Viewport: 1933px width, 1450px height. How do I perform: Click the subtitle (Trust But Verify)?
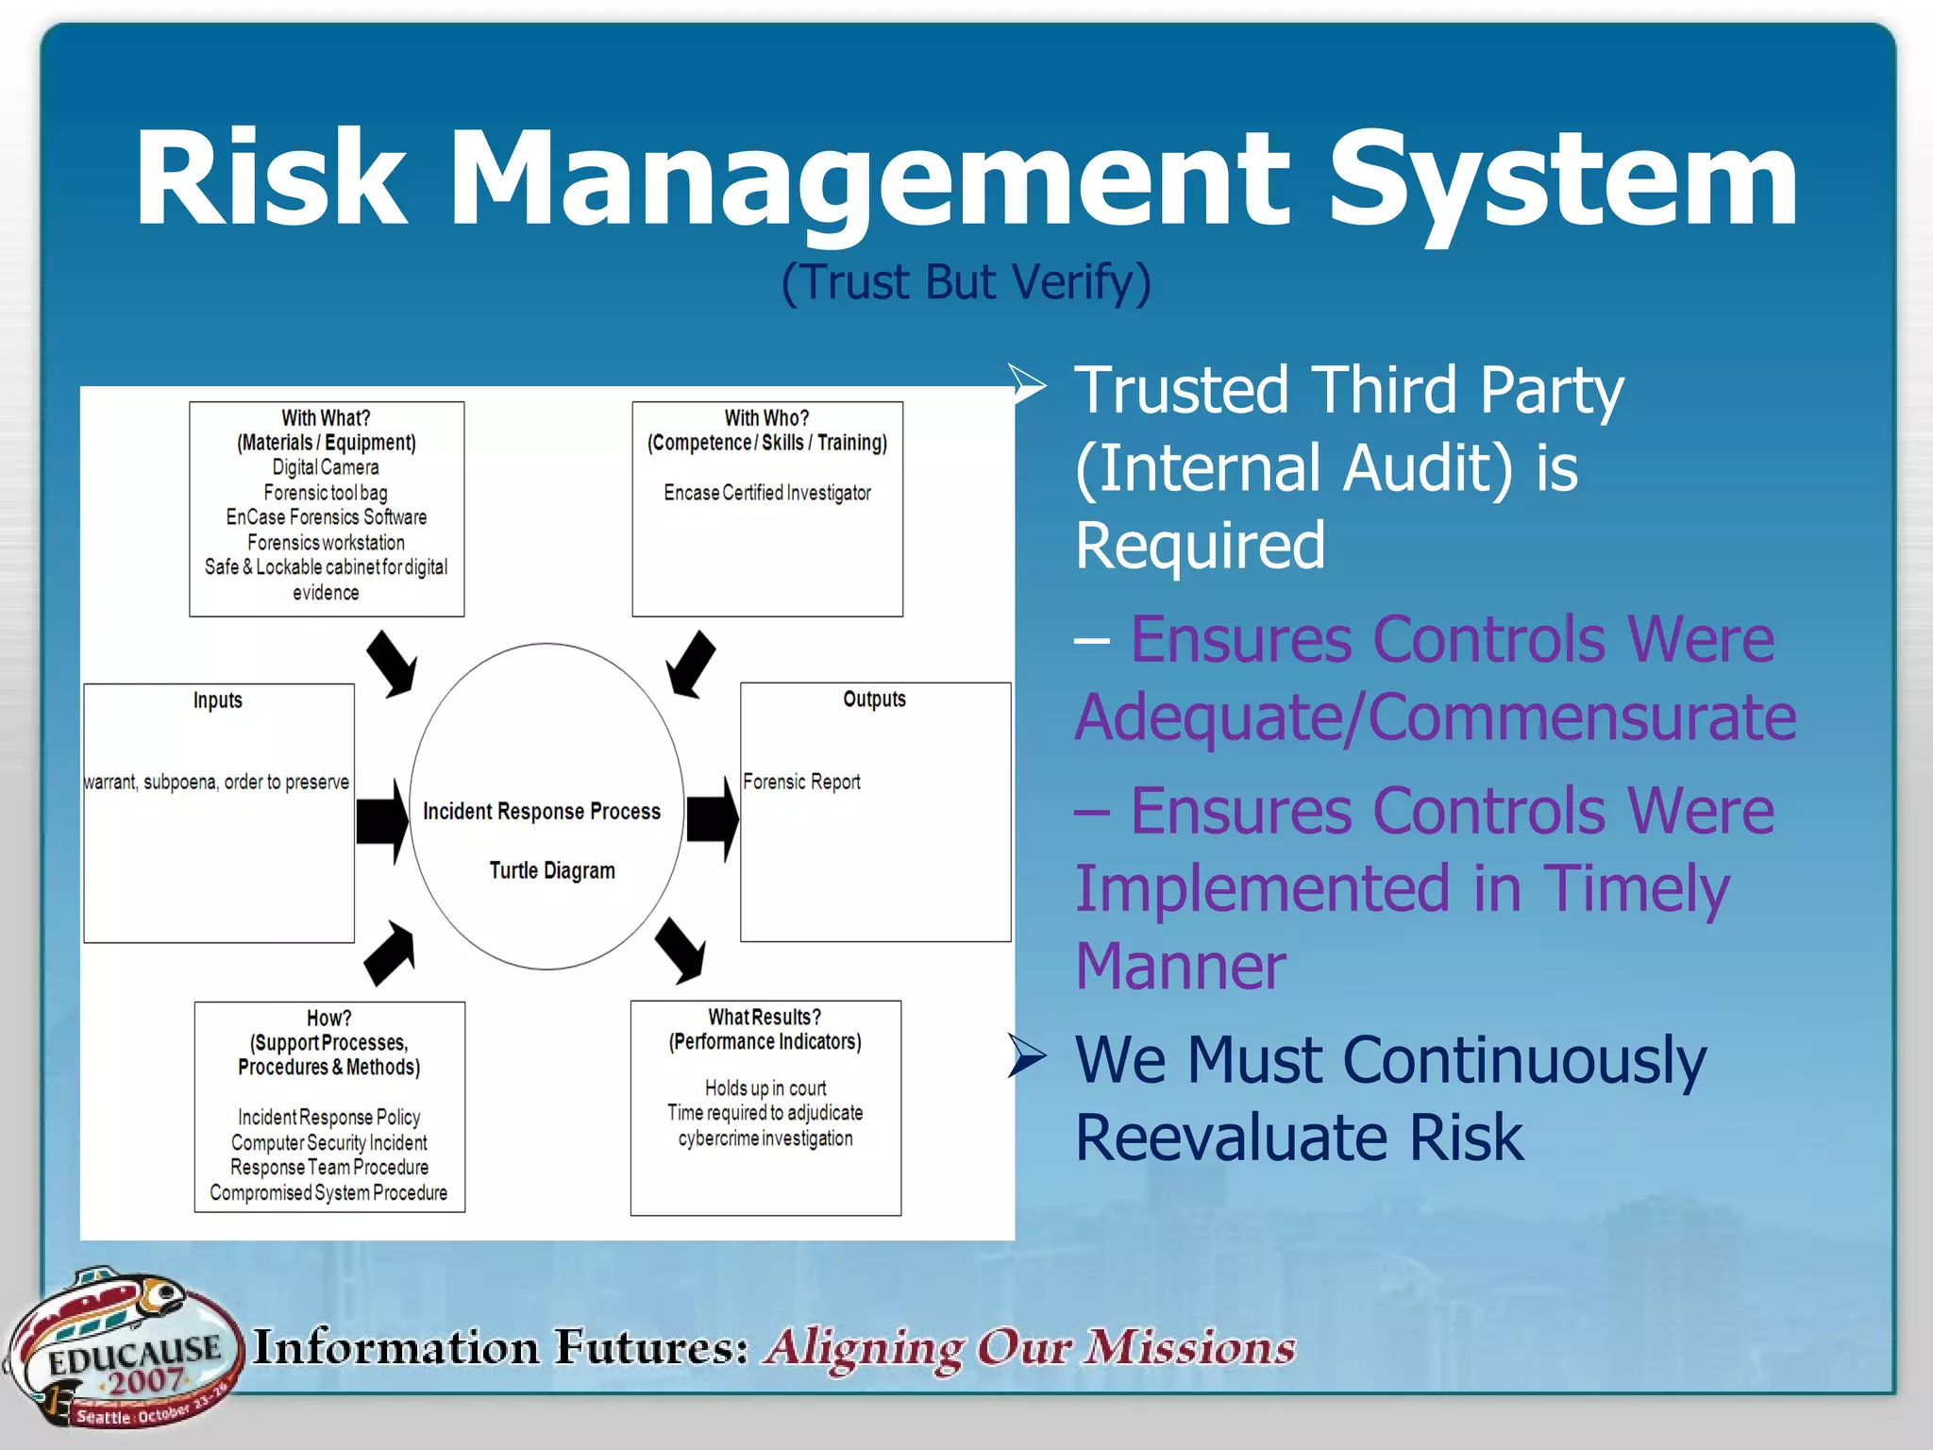coord(966,282)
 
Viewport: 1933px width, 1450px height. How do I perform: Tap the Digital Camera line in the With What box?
coord(326,467)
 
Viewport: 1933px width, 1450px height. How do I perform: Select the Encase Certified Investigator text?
coord(766,493)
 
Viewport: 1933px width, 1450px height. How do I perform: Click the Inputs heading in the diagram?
coord(218,700)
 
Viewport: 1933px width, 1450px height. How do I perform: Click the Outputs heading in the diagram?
coord(874,700)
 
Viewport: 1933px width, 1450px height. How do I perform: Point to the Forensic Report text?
coord(801,782)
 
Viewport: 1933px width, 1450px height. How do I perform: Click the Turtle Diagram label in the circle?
coord(552,870)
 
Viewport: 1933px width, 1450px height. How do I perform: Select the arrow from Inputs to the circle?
coord(382,820)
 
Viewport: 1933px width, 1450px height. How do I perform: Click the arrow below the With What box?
coord(392,664)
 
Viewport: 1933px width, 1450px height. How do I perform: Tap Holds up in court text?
coord(765,1088)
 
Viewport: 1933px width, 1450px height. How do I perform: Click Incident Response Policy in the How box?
coord(328,1118)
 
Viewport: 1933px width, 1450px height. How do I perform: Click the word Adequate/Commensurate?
coord(1435,717)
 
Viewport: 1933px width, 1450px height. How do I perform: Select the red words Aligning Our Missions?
coord(1029,1348)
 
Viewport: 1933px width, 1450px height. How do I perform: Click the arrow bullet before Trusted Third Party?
coord(1027,384)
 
